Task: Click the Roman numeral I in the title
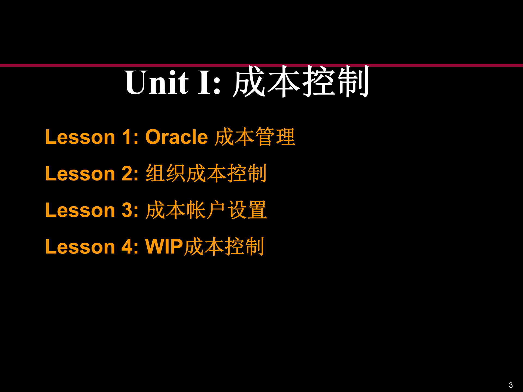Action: (x=205, y=82)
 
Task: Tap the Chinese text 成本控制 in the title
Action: (x=301, y=82)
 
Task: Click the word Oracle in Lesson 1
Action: (x=177, y=137)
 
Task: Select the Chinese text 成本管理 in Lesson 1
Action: (x=255, y=137)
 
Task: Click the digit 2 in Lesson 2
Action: (x=127, y=174)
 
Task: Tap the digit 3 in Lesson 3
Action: (x=127, y=210)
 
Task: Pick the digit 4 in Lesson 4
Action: (x=127, y=247)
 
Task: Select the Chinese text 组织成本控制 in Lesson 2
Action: (x=206, y=173)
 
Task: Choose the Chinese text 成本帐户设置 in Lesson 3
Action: (x=206, y=210)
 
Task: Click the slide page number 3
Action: (x=511, y=385)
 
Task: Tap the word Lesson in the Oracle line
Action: (x=80, y=137)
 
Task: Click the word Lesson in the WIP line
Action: (x=80, y=247)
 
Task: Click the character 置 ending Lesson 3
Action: (x=257, y=210)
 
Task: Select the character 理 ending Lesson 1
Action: (x=285, y=137)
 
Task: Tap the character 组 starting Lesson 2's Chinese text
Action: (x=156, y=173)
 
